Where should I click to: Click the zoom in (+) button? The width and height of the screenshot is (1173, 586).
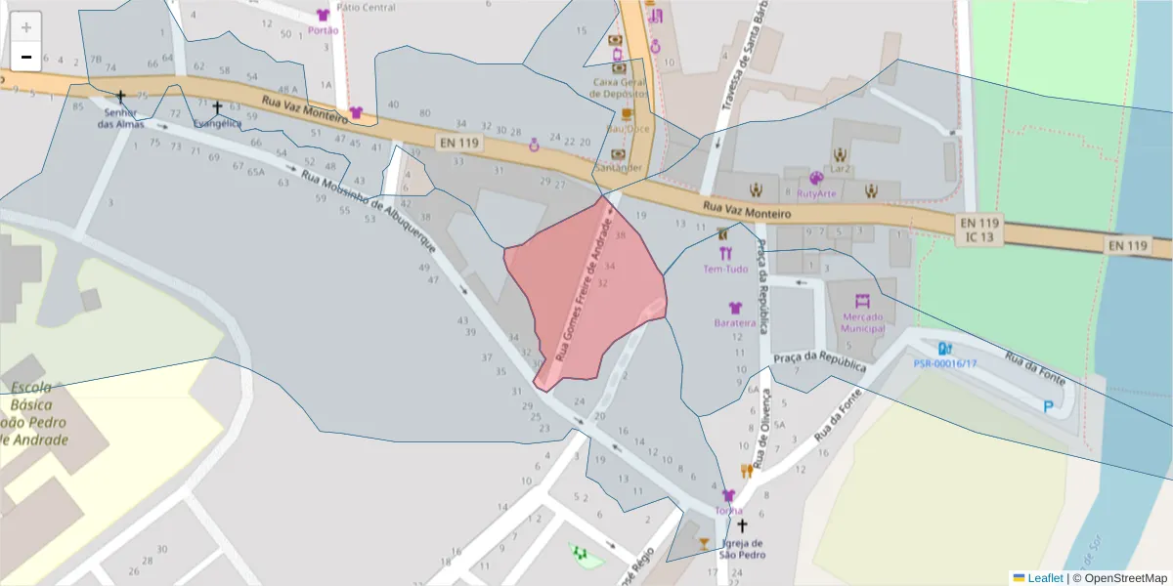point(26,26)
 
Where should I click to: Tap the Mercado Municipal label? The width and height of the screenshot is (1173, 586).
point(862,322)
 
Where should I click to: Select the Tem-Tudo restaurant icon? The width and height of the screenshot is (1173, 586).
point(724,253)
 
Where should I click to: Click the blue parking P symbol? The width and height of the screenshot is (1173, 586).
point(1049,406)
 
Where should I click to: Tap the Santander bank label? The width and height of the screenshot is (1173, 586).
point(618,167)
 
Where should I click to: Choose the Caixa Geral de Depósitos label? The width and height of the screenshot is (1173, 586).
point(619,88)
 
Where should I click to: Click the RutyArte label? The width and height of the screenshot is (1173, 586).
point(817,193)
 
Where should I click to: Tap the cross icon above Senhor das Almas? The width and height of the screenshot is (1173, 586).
point(120,97)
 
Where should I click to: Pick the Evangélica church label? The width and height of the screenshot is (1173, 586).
point(217,124)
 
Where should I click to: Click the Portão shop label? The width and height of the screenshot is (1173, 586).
point(323,30)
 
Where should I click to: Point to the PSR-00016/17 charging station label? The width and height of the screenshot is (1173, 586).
point(944,363)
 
